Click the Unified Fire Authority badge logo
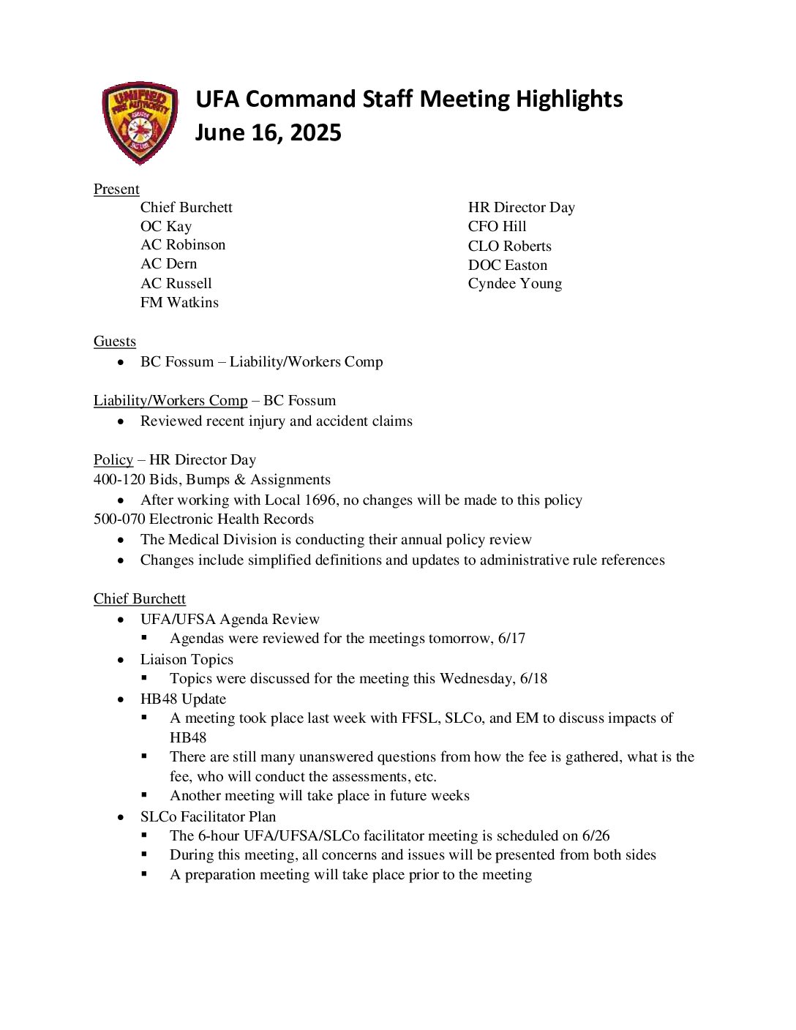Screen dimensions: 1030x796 [x=140, y=122]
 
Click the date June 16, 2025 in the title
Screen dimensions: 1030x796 [x=268, y=132]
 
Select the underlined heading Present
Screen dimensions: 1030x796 [x=116, y=189]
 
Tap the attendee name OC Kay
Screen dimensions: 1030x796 [x=166, y=226]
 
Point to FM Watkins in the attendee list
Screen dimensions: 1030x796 [x=179, y=302]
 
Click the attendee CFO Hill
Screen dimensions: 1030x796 [x=497, y=226]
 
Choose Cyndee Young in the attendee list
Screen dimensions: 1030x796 [x=514, y=283]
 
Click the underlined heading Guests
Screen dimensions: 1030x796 [x=115, y=341]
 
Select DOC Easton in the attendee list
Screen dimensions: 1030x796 [x=507, y=265]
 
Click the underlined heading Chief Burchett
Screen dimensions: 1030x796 [x=140, y=598]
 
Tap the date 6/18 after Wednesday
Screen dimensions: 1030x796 [x=533, y=678]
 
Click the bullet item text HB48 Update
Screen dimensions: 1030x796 [x=183, y=699]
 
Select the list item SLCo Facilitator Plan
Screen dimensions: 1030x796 [x=208, y=816]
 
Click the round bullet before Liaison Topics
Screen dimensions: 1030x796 [x=121, y=659]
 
